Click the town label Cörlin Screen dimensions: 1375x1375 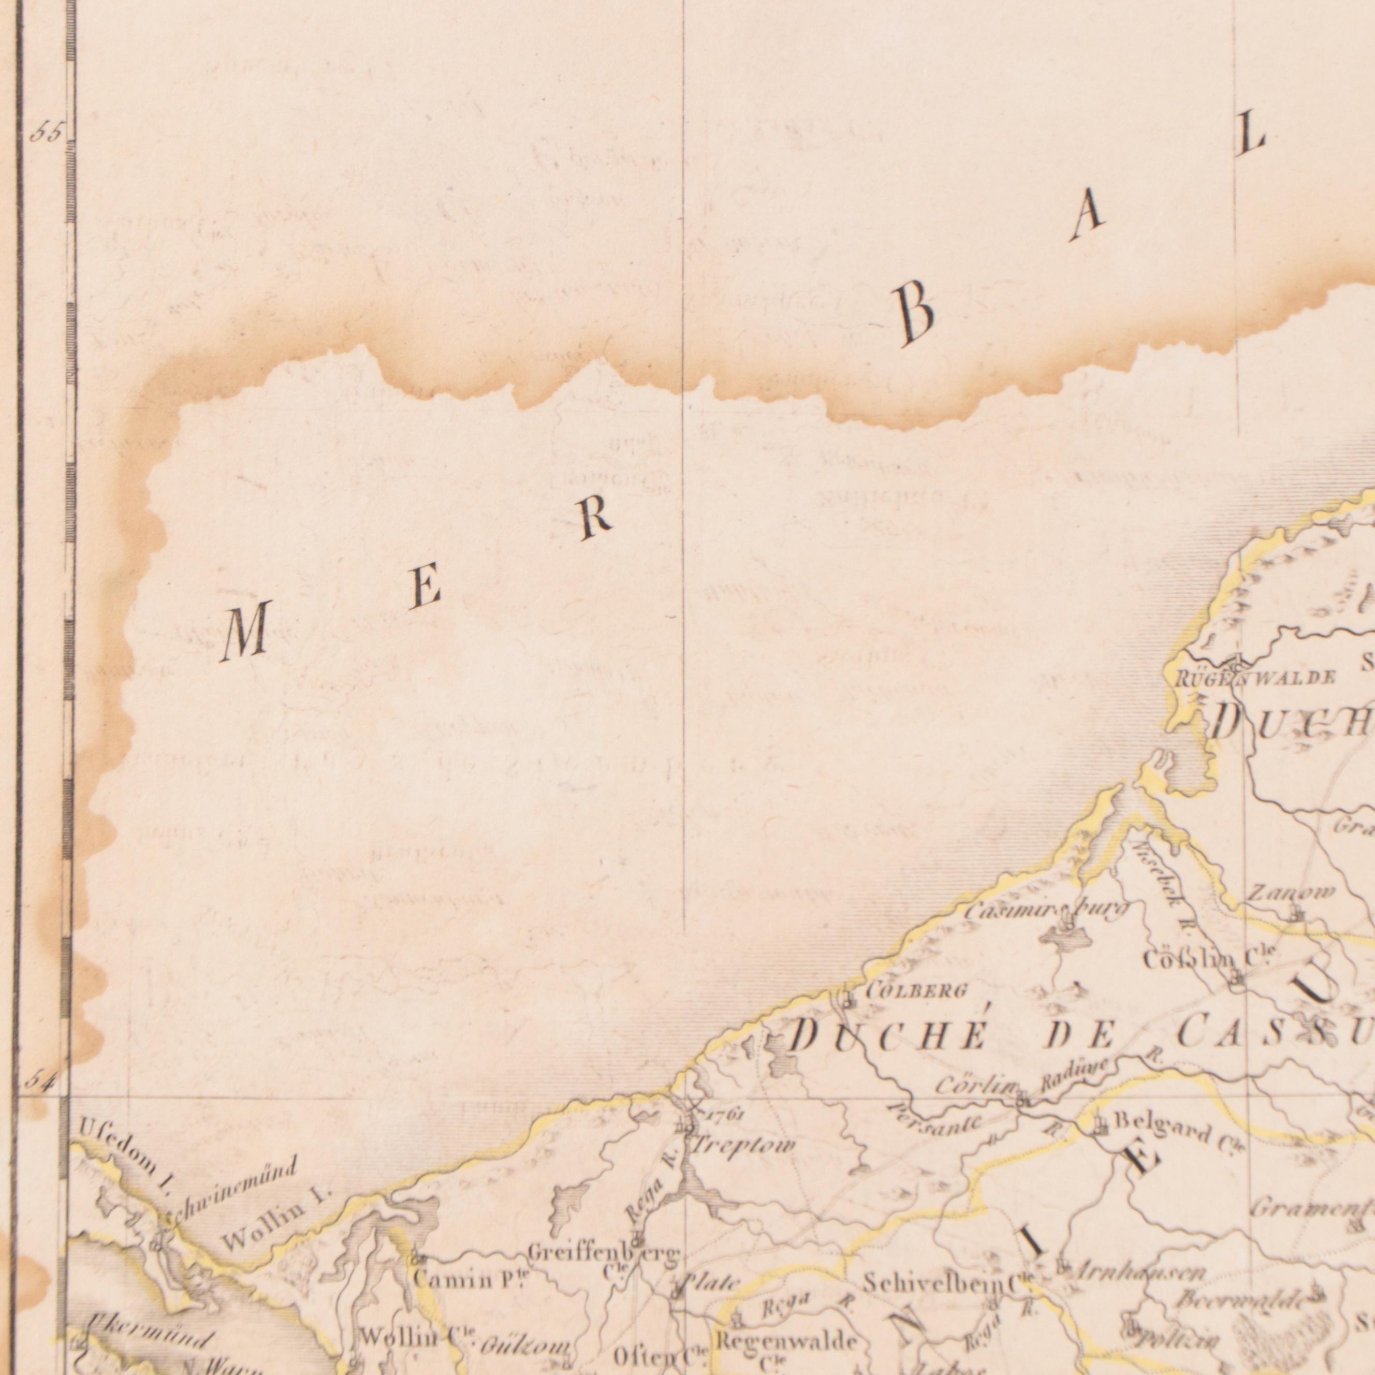974,1086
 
